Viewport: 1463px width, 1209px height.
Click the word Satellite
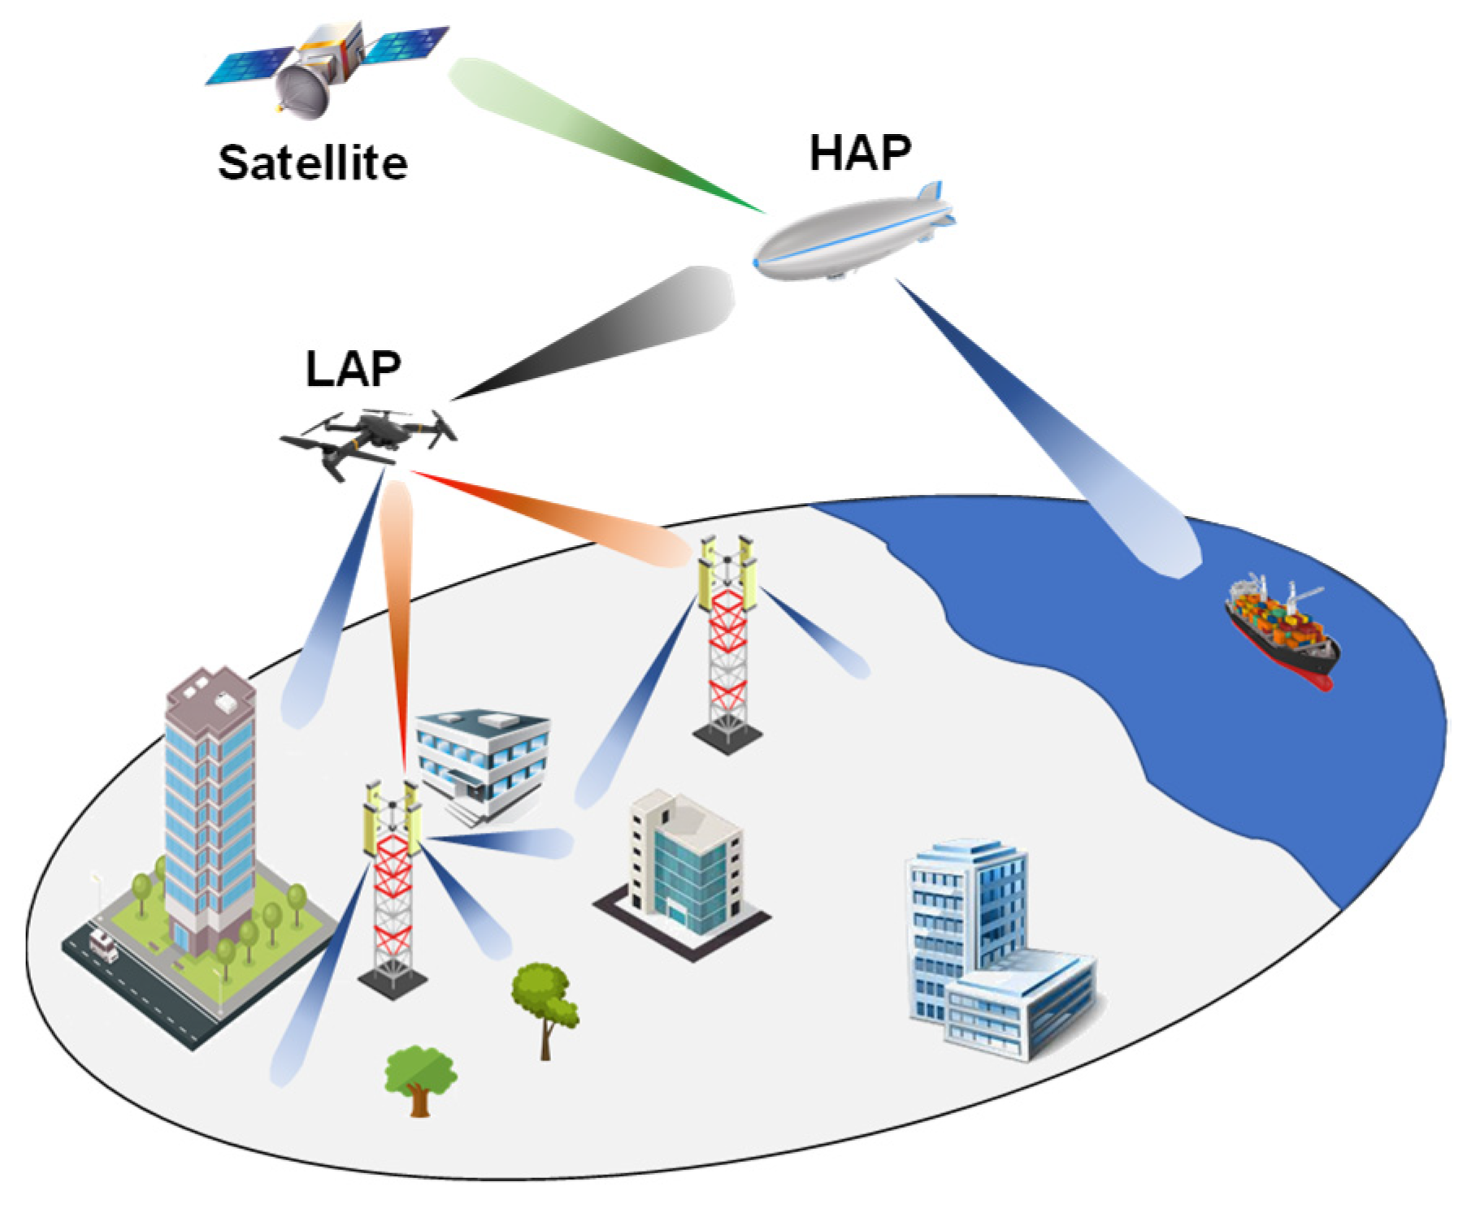[313, 163]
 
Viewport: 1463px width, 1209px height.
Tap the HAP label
[860, 153]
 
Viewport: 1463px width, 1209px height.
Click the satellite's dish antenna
[305, 91]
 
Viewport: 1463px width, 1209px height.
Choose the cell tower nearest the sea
[727, 642]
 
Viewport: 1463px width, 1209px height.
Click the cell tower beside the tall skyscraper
[393, 886]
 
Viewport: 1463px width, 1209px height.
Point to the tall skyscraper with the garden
[209, 812]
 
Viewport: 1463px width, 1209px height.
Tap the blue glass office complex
[992, 951]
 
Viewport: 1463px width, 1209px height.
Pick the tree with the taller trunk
[545, 1007]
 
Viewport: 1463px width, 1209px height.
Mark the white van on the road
[103, 945]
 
